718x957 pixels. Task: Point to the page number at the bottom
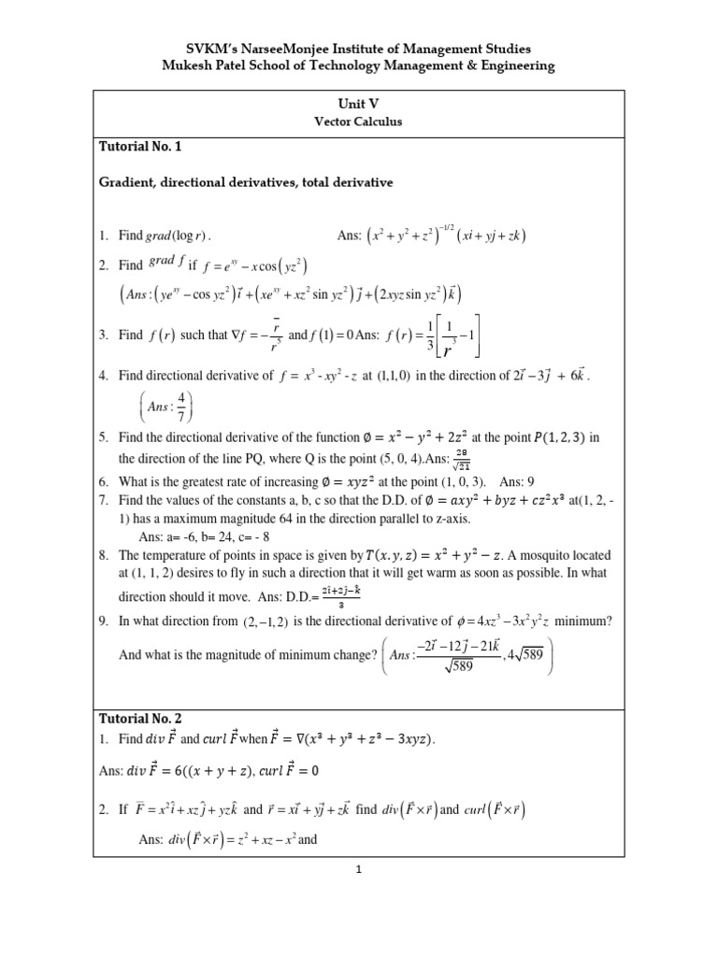point(359,868)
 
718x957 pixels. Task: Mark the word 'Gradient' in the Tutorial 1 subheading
point(130,183)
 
